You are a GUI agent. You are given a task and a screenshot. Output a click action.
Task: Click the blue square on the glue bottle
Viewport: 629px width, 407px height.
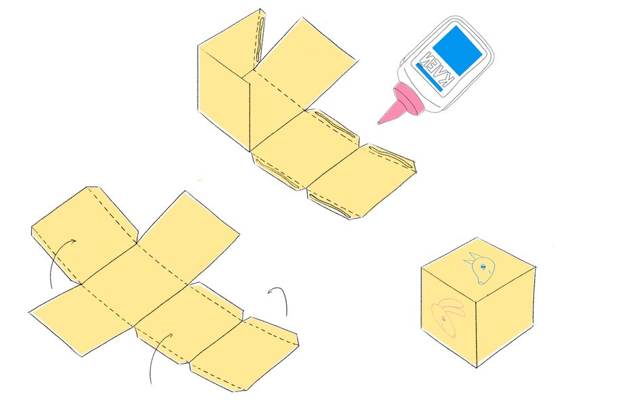click(x=457, y=51)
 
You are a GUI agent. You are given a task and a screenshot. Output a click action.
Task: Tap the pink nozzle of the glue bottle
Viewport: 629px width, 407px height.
click(x=401, y=104)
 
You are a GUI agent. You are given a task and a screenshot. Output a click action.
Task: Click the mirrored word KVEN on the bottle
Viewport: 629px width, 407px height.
click(x=436, y=69)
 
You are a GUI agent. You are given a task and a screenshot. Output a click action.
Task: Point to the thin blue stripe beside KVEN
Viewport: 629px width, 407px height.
click(x=429, y=78)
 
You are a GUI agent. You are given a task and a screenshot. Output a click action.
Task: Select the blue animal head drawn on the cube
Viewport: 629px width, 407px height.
click(x=480, y=268)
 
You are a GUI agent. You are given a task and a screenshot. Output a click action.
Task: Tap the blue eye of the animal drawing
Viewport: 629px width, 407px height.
click(x=483, y=266)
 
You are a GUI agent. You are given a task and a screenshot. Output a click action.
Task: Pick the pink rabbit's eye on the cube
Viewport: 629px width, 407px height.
click(x=443, y=320)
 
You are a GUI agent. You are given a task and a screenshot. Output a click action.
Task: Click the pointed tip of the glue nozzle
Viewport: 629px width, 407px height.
click(x=378, y=123)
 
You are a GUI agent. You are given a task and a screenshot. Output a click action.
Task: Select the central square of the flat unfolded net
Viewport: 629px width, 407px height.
click(x=135, y=284)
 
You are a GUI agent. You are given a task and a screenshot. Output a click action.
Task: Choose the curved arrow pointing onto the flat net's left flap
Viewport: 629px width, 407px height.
click(x=57, y=257)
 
